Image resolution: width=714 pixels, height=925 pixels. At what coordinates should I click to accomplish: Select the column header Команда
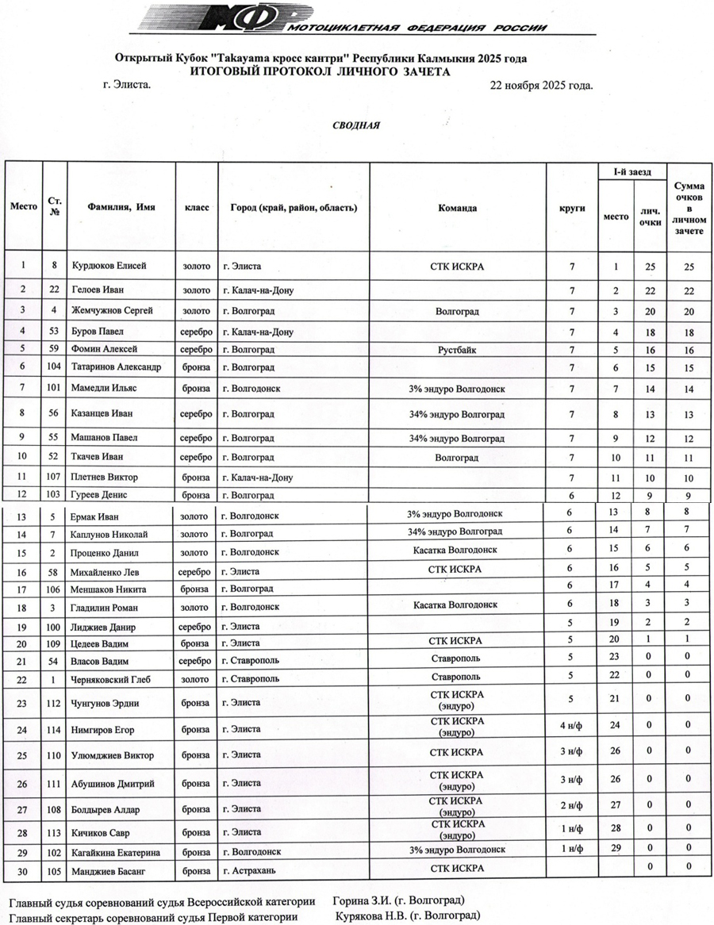click(x=458, y=208)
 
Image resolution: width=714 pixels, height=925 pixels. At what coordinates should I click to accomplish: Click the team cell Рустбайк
click(x=457, y=349)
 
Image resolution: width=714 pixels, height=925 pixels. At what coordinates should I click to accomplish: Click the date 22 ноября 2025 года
click(x=543, y=85)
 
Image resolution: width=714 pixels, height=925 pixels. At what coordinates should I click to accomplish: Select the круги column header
click(x=572, y=208)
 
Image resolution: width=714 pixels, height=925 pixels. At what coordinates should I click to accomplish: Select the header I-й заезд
click(x=631, y=171)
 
